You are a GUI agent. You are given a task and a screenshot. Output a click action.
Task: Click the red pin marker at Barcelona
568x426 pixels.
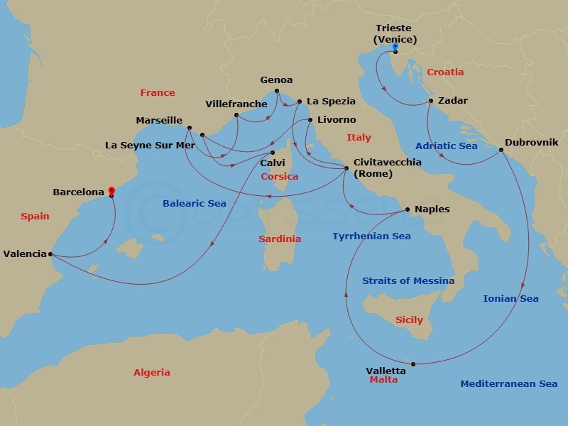pos(111,190)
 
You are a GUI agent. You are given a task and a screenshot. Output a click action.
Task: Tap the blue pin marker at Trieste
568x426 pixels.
pos(395,48)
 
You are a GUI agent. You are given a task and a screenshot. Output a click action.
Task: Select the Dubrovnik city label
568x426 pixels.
pos(531,143)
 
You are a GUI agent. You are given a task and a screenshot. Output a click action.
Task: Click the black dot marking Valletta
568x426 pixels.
pos(413,364)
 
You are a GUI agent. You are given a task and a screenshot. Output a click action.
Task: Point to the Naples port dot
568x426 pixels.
pos(408,209)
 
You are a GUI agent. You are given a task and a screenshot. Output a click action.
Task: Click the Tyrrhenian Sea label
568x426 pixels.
pos(371,236)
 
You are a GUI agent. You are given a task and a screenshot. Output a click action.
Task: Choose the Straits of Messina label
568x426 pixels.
pos(408,280)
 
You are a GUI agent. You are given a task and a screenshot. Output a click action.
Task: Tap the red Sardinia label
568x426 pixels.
pos(280,239)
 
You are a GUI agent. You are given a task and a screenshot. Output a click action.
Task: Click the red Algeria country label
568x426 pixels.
pos(152,373)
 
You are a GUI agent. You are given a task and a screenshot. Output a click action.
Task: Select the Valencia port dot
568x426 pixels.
pos(50,253)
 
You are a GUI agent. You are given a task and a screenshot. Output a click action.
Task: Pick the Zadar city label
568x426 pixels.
pos(453,101)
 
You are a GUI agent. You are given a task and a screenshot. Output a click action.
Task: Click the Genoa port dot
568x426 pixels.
pos(276,91)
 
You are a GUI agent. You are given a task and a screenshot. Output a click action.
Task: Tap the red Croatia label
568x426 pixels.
pos(445,72)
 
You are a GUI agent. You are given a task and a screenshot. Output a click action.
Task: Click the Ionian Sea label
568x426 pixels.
pos(510,299)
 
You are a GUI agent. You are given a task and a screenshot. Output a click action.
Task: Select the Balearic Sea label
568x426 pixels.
pos(195,204)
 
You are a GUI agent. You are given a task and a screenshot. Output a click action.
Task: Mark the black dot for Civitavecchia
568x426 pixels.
pos(346,168)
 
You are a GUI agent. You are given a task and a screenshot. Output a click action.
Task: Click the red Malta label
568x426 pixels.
pos(383,380)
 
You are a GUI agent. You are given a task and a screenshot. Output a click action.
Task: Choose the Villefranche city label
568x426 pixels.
pos(236,104)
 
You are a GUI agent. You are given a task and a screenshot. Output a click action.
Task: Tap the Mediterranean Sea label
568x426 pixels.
pos(508,384)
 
